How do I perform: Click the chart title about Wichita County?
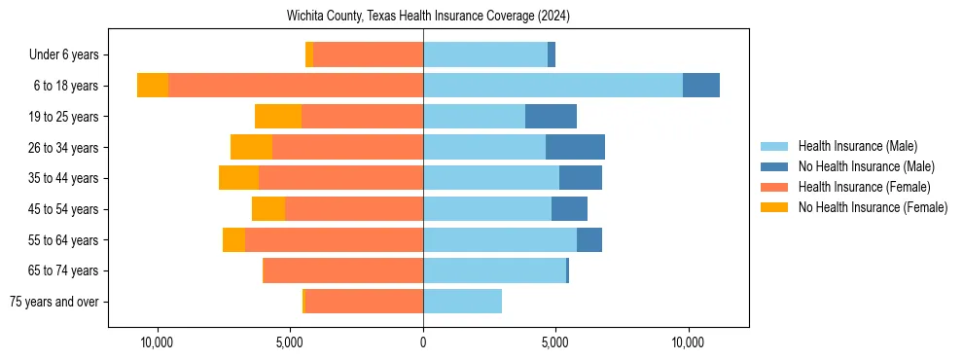pyautogui.click(x=428, y=17)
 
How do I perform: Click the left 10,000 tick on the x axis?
pyautogui.click(x=157, y=343)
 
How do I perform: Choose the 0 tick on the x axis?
pyautogui.click(x=423, y=343)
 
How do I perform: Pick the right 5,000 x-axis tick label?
pyautogui.click(x=555, y=343)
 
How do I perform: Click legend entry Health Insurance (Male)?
pyautogui.click(x=857, y=146)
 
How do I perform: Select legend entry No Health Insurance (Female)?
pyautogui.click(x=873, y=207)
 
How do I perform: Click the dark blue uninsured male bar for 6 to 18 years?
pyautogui.click(x=701, y=86)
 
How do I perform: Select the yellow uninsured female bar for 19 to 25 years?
pyautogui.click(x=278, y=117)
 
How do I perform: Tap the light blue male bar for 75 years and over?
pyautogui.click(x=462, y=302)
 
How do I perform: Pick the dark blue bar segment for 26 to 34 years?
pyautogui.click(x=575, y=147)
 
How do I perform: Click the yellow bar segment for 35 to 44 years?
pyautogui.click(x=238, y=178)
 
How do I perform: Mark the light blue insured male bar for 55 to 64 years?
pyautogui.click(x=500, y=239)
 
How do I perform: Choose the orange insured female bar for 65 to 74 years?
pyautogui.click(x=343, y=270)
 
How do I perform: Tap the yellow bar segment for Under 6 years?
pyautogui.click(x=309, y=55)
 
